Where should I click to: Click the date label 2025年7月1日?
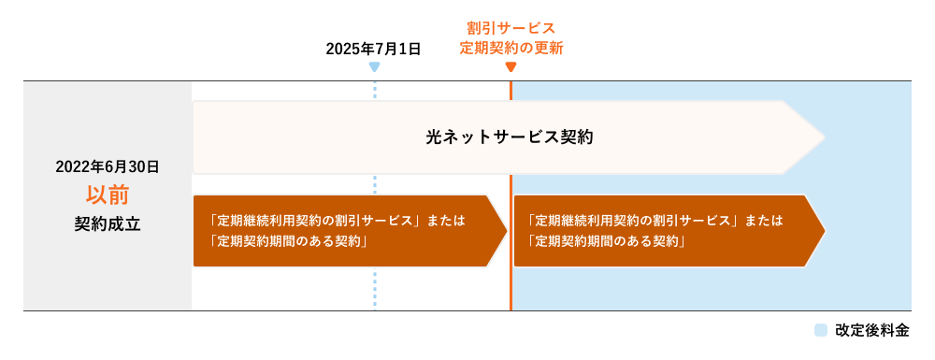click(x=373, y=48)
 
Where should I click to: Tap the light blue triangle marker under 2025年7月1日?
click(x=374, y=67)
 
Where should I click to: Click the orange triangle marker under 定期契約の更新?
click(x=511, y=67)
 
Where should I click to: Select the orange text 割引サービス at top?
click(x=511, y=28)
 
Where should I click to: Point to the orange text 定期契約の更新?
click(x=511, y=48)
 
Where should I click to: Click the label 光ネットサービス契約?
click(x=510, y=137)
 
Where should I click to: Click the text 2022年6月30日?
click(x=108, y=166)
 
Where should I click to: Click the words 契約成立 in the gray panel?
click(x=108, y=223)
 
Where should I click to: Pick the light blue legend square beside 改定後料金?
click(x=821, y=330)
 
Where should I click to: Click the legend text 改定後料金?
click(x=871, y=330)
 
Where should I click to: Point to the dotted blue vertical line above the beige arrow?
click(x=374, y=91)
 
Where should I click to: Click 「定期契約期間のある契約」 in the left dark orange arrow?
click(x=288, y=241)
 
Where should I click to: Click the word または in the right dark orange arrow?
click(x=764, y=222)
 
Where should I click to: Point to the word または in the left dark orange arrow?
click(x=445, y=222)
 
